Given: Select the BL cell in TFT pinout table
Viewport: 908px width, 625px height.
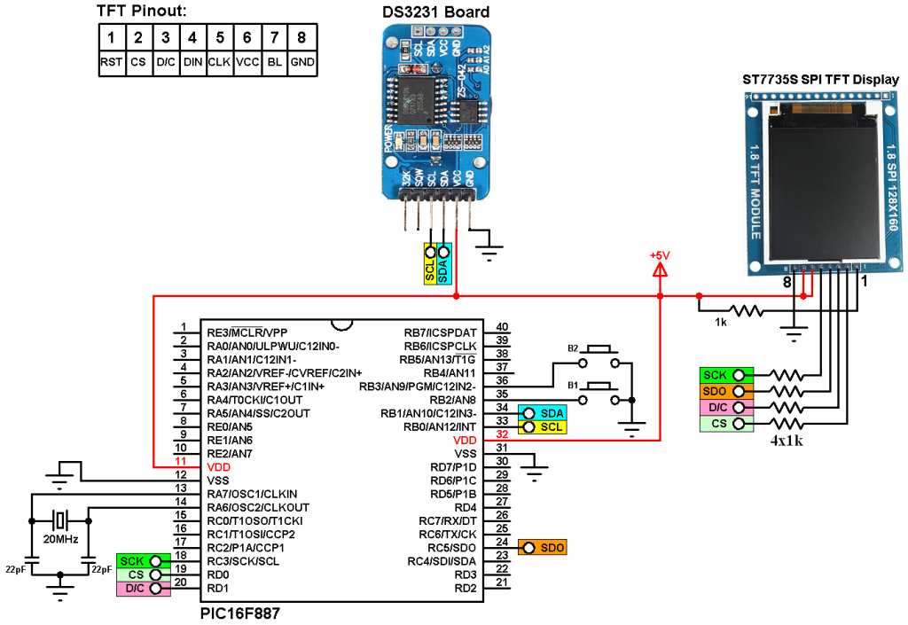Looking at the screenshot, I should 275,63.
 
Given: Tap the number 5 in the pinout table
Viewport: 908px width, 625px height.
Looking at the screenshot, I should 220,38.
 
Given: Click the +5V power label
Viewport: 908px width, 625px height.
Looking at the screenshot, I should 660,255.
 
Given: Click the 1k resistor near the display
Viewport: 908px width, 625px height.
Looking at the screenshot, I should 745,310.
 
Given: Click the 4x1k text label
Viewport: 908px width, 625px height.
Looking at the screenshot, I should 786,440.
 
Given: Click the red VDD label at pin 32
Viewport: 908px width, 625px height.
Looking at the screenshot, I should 465,440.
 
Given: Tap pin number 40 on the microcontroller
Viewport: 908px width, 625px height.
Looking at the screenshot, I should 502,327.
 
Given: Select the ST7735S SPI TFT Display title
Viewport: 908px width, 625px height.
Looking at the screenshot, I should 820,80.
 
